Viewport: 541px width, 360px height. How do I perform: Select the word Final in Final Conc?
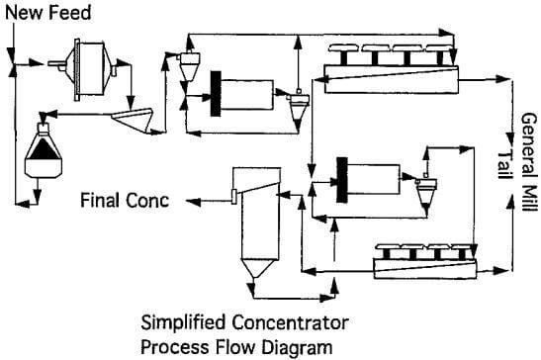tap(101, 201)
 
